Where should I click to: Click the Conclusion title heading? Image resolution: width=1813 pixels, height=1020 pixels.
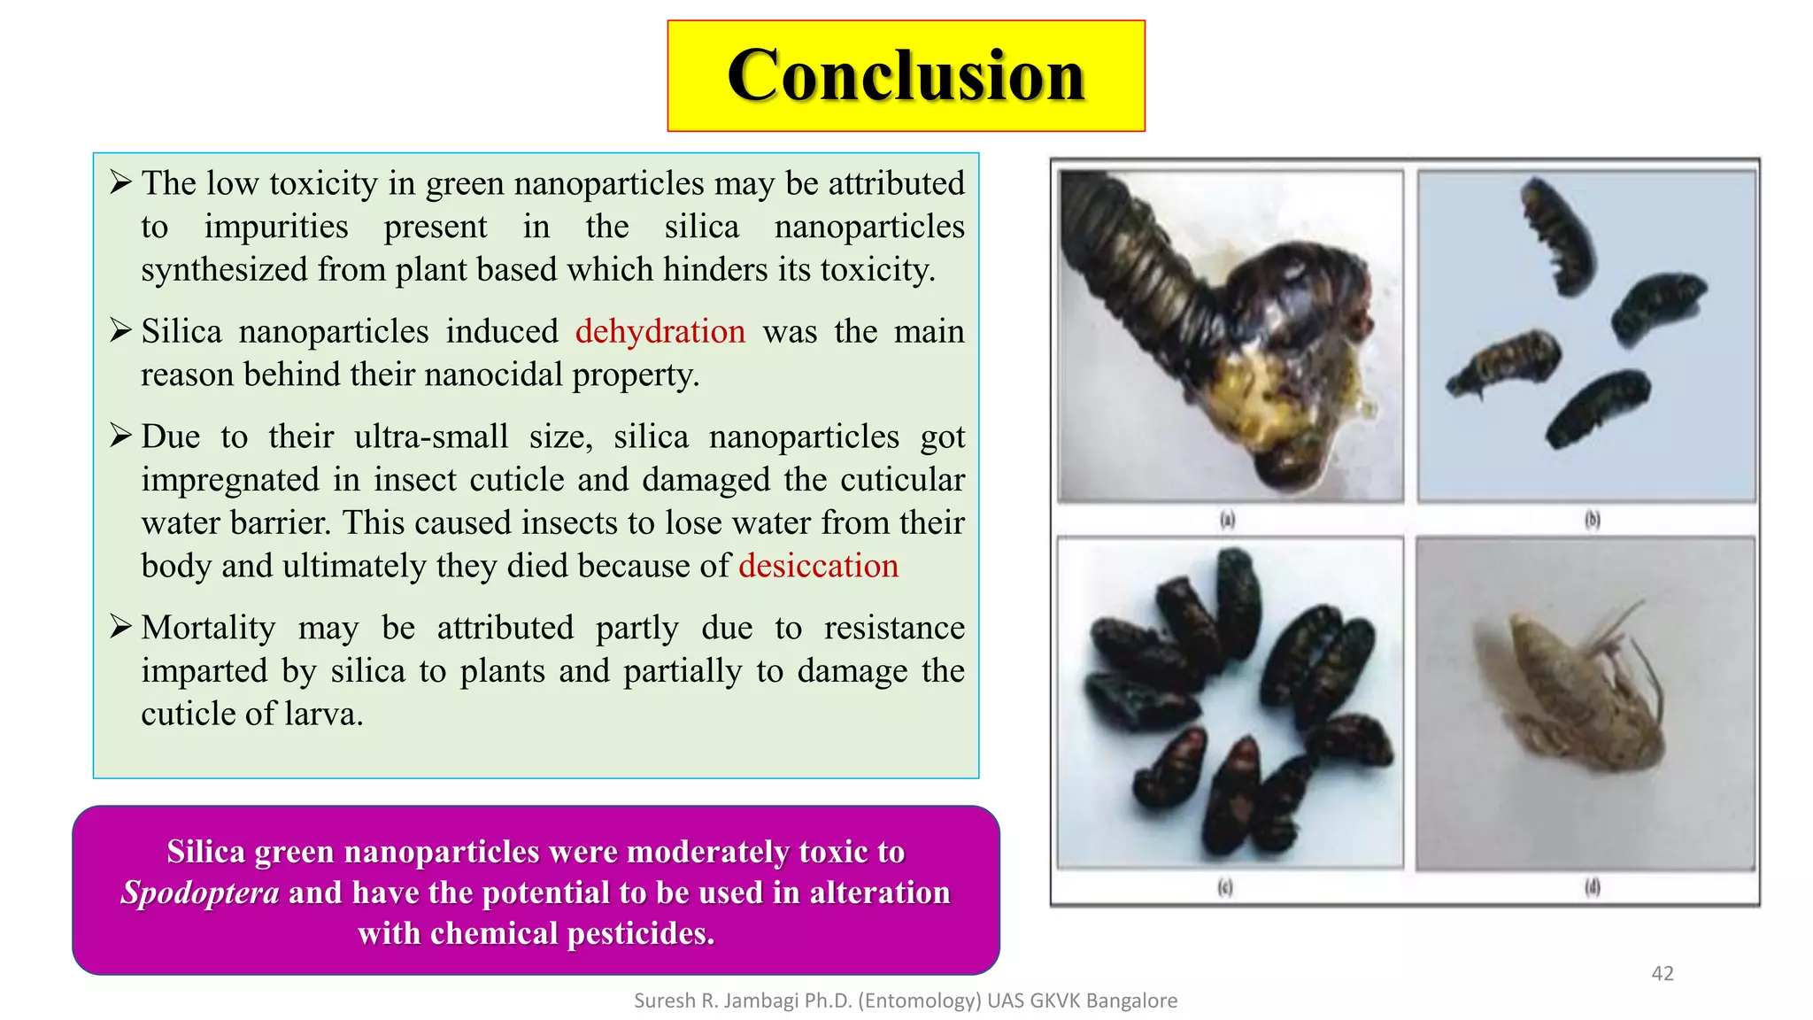[x=906, y=76]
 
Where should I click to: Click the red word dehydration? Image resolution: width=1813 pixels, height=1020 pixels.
[x=660, y=331]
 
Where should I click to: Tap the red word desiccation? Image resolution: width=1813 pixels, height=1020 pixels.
[x=818, y=566]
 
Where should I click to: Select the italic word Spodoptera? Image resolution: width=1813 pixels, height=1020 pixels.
[x=200, y=892]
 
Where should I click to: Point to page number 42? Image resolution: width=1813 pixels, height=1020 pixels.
[x=1662, y=973]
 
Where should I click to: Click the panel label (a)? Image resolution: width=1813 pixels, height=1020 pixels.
[x=1227, y=519]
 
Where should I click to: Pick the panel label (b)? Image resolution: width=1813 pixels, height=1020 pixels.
[x=1592, y=519]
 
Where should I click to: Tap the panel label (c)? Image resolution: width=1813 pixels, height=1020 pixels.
[x=1225, y=886]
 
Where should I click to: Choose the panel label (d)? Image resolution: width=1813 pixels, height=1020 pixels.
[x=1592, y=886]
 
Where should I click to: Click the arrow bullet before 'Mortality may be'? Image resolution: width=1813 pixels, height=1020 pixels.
[x=120, y=627]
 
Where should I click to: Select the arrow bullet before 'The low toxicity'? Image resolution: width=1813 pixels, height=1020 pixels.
[x=120, y=182]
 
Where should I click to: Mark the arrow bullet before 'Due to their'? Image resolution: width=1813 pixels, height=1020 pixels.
[x=120, y=436]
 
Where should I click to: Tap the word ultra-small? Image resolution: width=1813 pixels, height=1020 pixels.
[x=430, y=437]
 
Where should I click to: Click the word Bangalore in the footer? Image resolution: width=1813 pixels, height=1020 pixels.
[x=1131, y=1001]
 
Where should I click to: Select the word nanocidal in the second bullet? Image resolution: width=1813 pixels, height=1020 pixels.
[x=494, y=375]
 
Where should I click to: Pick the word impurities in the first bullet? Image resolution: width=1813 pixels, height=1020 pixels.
[x=276, y=227]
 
